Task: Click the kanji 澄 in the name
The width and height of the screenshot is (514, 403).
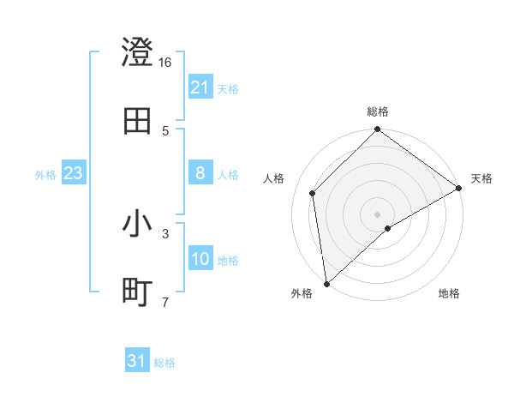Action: point(137,53)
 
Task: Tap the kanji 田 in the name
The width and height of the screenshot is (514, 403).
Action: point(137,121)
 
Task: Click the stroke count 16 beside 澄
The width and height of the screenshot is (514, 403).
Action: point(165,63)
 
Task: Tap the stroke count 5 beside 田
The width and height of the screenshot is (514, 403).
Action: point(165,130)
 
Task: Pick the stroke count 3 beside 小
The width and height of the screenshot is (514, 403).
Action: point(165,232)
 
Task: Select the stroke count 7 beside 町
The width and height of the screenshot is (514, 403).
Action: point(165,301)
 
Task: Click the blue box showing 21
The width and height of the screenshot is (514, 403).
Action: point(200,87)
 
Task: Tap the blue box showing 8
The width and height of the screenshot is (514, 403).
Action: point(200,173)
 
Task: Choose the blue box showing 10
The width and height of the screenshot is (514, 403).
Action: point(200,259)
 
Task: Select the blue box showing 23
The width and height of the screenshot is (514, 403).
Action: point(74,173)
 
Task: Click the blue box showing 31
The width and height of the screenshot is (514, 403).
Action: point(137,361)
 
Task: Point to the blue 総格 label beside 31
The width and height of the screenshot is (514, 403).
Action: point(164,363)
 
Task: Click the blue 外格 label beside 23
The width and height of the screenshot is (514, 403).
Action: point(45,174)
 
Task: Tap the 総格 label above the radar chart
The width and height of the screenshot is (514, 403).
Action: point(378,112)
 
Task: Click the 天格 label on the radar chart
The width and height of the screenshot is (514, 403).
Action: point(481,178)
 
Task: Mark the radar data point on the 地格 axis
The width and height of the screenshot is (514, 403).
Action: point(388,228)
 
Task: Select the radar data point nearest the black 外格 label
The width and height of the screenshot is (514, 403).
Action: point(326,283)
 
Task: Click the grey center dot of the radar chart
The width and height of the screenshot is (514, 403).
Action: point(378,214)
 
